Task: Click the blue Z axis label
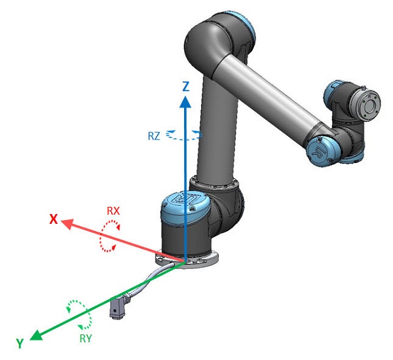pyautogui.click(x=186, y=86)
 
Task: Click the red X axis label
pyautogui.click(x=54, y=219)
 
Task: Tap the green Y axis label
pyautogui.click(x=20, y=343)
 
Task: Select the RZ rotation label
pyautogui.click(x=154, y=136)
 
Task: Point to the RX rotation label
pyautogui.click(x=113, y=211)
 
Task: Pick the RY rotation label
pyautogui.click(x=86, y=338)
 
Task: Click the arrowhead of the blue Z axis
pyautogui.click(x=185, y=102)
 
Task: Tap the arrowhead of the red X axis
pyautogui.click(x=67, y=223)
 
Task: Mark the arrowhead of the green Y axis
pyautogui.click(x=36, y=335)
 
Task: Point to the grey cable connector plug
pyautogui.click(x=117, y=306)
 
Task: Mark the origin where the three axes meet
pyautogui.click(x=185, y=262)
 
